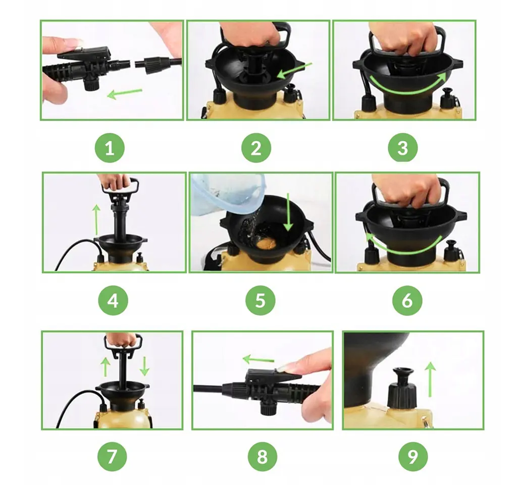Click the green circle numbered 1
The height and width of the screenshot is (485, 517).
pos(110,148)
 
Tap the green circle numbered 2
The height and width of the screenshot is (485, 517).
pos(256,148)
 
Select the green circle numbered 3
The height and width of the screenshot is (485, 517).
pos(402,148)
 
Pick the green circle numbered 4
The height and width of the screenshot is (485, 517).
pos(113,300)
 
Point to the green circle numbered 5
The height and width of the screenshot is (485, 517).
pos(260,300)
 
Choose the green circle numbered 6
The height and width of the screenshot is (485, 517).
pos(407,300)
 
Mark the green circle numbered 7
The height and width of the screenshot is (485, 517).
pos(112,457)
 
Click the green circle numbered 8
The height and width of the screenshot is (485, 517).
pos(263,457)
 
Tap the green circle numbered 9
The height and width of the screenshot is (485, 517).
pos(413,457)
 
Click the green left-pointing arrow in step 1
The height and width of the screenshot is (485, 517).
pos(125,93)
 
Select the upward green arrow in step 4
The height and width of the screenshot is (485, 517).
pos(96,220)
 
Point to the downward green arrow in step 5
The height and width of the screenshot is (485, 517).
pos(288,212)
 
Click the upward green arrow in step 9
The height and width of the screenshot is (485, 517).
pos(430,379)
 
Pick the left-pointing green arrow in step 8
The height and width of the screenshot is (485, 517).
pos(258,359)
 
